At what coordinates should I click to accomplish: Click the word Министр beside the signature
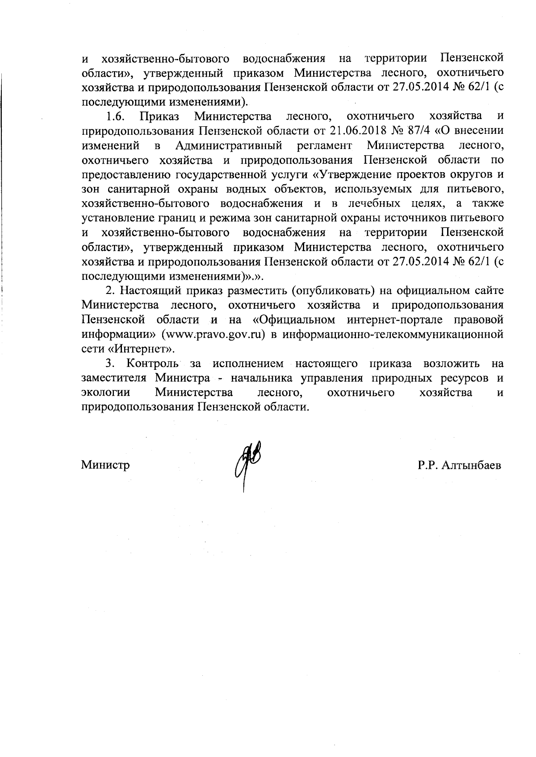point(105,465)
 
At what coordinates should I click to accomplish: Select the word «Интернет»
point(143,349)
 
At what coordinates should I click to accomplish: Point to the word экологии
point(106,393)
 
